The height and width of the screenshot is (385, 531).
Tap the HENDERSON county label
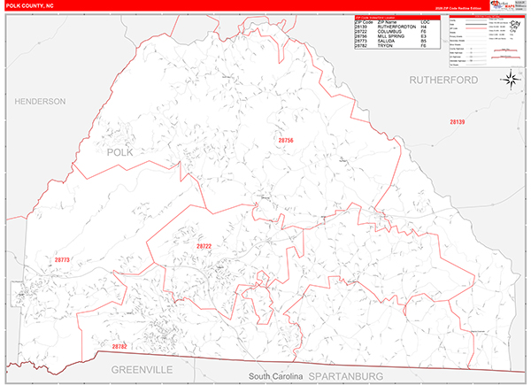click(40, 102)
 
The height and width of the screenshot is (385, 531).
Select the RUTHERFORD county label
click(443, 80)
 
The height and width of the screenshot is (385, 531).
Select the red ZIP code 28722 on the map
click(204, 245)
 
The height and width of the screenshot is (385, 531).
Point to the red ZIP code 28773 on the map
click(62, 259)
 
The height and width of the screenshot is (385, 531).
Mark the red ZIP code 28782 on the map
click(119, 346)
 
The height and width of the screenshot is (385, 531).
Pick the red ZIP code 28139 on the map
click(457, 121)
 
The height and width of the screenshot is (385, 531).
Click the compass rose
click(511, 80)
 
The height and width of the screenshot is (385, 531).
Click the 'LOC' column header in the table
click(426, 21)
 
